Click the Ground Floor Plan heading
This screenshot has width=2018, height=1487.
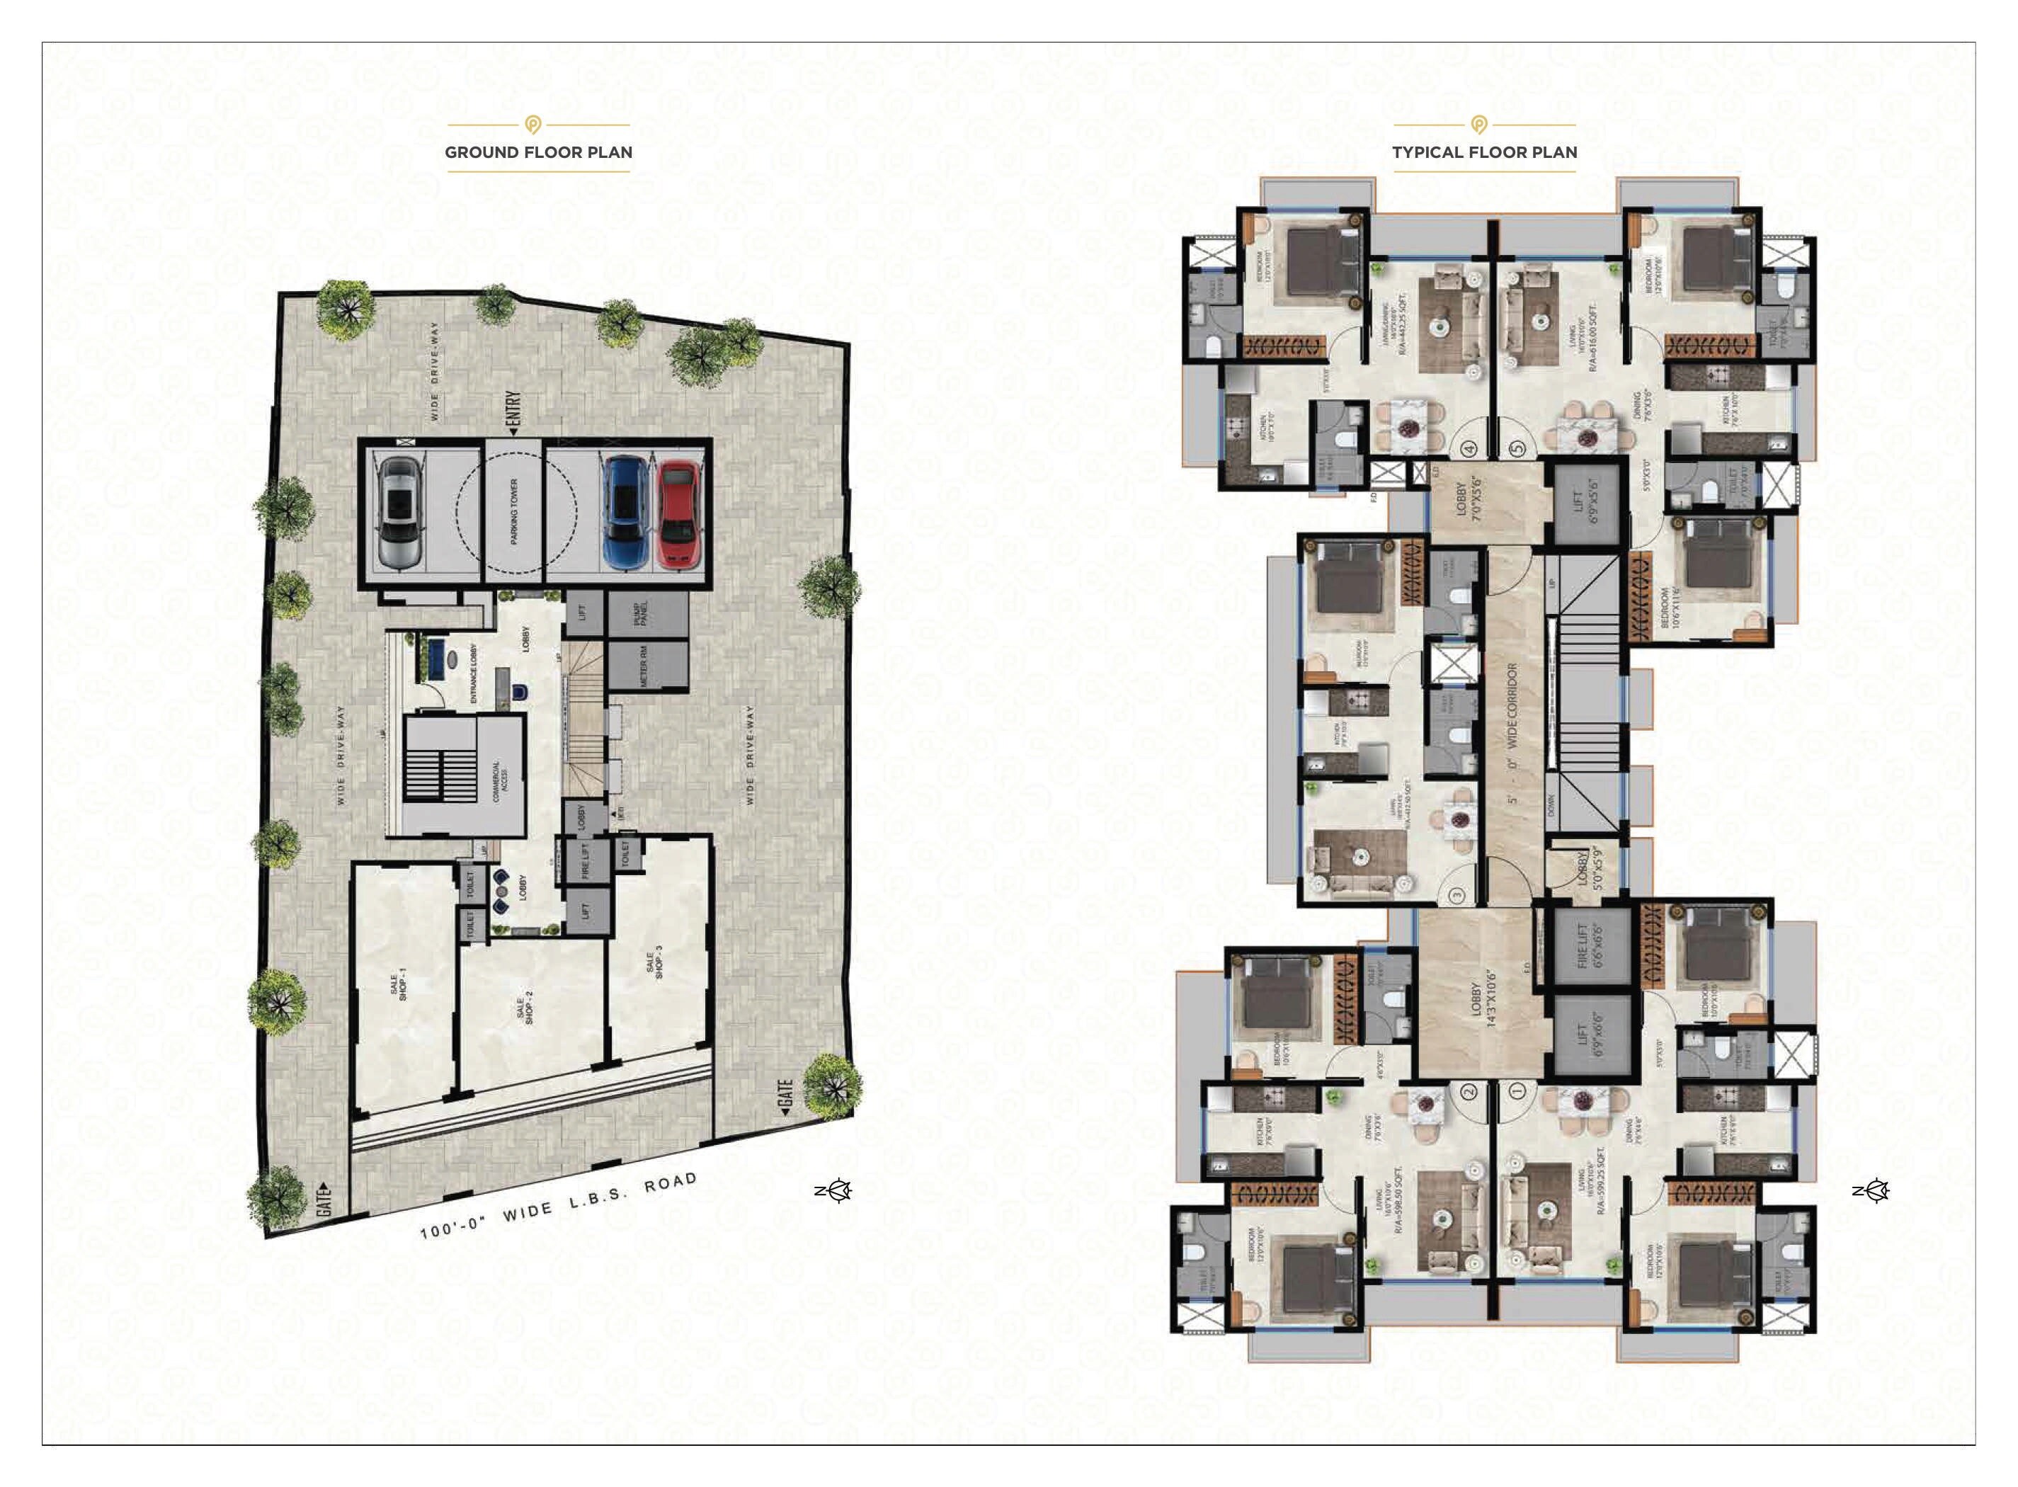(x=538, y=152)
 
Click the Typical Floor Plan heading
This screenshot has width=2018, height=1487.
(x=1484, y=152)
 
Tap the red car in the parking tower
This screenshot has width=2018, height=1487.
(x=678, y=515)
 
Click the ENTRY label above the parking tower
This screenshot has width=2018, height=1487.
(x=514, y=413)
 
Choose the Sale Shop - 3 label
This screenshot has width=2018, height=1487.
(x=654, y=962)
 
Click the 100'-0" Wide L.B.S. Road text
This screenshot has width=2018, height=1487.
(x=558, y=1206)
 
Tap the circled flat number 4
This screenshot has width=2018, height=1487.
(x=1471, y=448)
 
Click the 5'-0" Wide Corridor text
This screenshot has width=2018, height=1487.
(x=1512, y=734)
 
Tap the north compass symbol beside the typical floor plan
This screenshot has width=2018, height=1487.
(x=1872, y=1191)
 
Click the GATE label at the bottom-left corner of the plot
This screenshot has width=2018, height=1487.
(x=326, y=1200)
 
